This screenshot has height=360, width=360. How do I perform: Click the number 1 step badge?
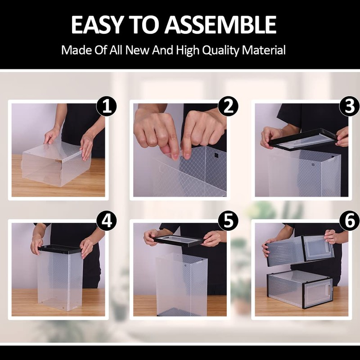pos(107,106)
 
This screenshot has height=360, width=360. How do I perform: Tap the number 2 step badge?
pos(228,106)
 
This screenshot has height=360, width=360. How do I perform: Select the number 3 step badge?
pos(350,106)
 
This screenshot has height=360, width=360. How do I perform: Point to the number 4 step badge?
pos(107,220)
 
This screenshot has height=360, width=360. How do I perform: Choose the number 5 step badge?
pos(228,220)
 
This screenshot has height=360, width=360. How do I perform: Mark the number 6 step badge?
pos(350,220)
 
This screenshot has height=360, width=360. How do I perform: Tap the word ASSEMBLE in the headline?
pos(220,25)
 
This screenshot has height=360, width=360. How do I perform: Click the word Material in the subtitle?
pos(264,50)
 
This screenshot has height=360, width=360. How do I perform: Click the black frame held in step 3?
pos(303,139)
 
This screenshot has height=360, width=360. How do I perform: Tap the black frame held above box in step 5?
pos(179,241)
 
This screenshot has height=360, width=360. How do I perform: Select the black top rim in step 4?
pos(60,249)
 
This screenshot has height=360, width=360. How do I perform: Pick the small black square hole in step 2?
pos(216,155)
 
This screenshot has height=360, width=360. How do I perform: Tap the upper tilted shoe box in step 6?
pos(300,250)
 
